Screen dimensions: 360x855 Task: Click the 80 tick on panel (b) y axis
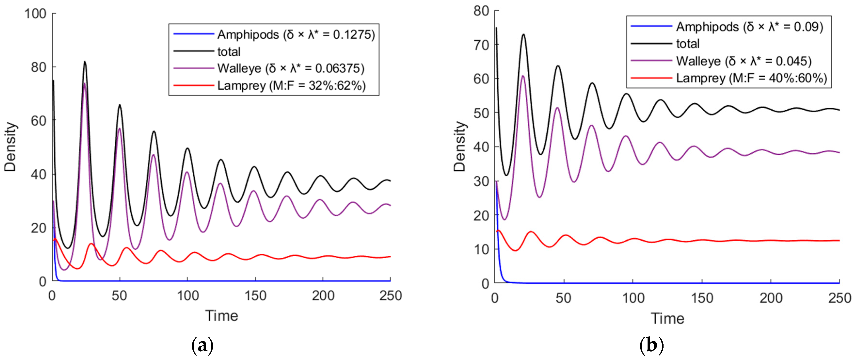(481, 11)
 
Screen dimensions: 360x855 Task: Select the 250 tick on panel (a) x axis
(391, 295)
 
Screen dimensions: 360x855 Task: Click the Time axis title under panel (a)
(222, 316)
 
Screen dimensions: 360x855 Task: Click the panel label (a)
(202, 346)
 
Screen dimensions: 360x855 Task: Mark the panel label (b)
(651, 346)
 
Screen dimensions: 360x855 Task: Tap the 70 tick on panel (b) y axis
(481, 45)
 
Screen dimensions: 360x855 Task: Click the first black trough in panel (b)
(506, 175)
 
